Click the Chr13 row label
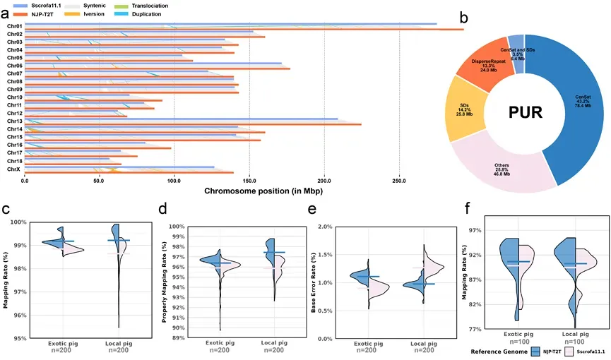(x=14, y=121)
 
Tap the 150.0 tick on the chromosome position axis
(x=249, y=181)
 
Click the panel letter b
(x=463, y=16)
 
